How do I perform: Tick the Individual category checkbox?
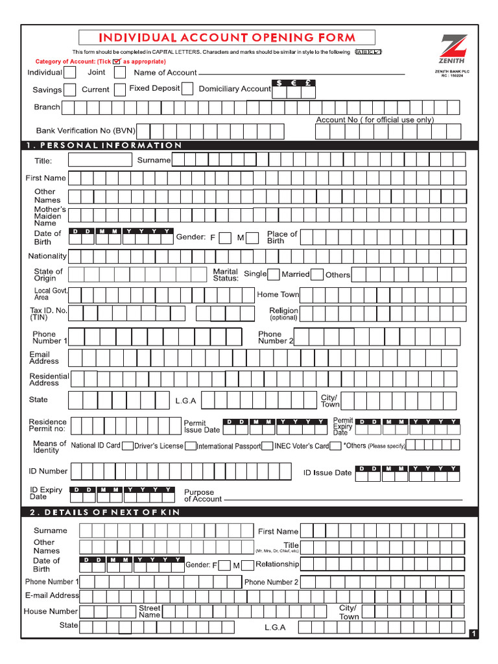click(69, 73)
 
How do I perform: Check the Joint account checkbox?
click(117, 73)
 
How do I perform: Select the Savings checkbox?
click(69, 89)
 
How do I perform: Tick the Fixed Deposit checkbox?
click(187, 89)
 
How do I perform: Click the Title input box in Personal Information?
click(99, 160)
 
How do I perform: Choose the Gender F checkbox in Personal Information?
click(224, 238)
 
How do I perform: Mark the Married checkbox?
click(316, 274)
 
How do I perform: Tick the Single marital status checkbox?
click(274, 274)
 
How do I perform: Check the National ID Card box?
click(128, 446)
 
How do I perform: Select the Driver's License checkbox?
click(190, 446)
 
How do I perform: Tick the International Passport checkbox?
click(267, 446)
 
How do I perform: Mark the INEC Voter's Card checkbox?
click(335, 446)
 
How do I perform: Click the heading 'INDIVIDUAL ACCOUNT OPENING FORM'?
click(227, 38)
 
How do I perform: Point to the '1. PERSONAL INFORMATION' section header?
click(104, 145)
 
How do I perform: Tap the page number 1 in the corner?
click(473, 634)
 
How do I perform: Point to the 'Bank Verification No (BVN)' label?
click(85, 131)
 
